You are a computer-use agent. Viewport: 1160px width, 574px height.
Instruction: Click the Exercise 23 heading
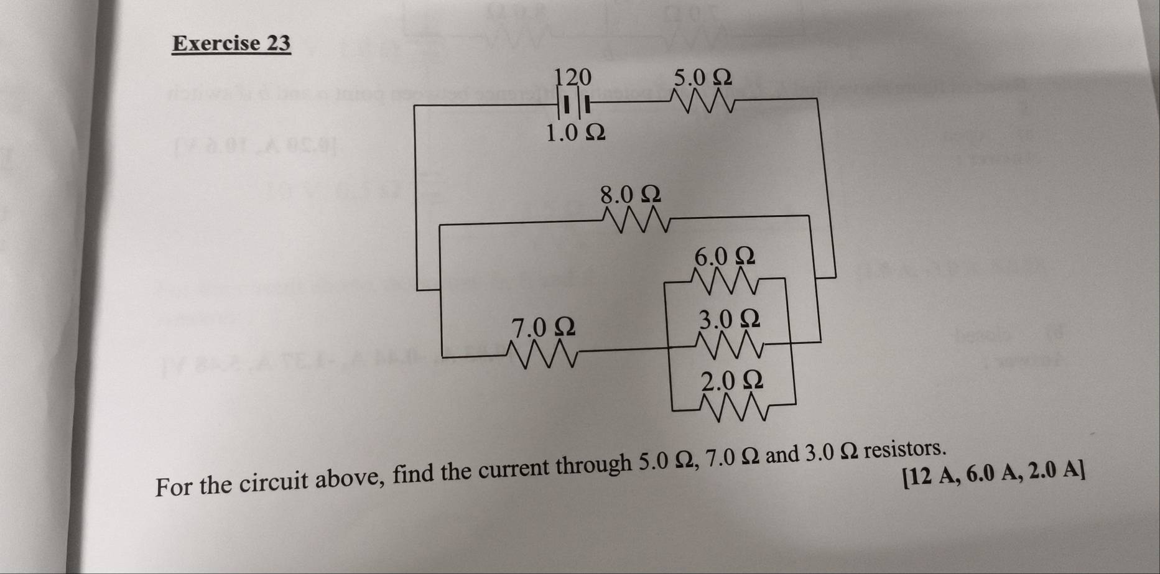click(x=231, y=43)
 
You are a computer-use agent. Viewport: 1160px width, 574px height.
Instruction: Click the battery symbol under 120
click(x=573, y=104)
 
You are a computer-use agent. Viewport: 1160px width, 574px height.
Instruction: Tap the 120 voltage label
click(x=573, y=77)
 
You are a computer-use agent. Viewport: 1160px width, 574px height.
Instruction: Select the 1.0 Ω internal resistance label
click(x=575, y=132)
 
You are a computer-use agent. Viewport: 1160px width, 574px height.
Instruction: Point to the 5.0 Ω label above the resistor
click(x=703, y=77)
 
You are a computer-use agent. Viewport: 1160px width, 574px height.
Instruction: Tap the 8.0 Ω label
click(x=630, y=194)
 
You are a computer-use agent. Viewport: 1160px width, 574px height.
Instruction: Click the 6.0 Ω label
click(x=725, y=256)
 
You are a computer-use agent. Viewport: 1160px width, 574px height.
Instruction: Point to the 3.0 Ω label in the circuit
click(x=729, y=319)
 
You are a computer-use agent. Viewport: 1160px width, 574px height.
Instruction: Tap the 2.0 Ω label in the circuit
click(x=732, y=380)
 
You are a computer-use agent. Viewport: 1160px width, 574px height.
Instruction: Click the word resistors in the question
click(x=905, y=448)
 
